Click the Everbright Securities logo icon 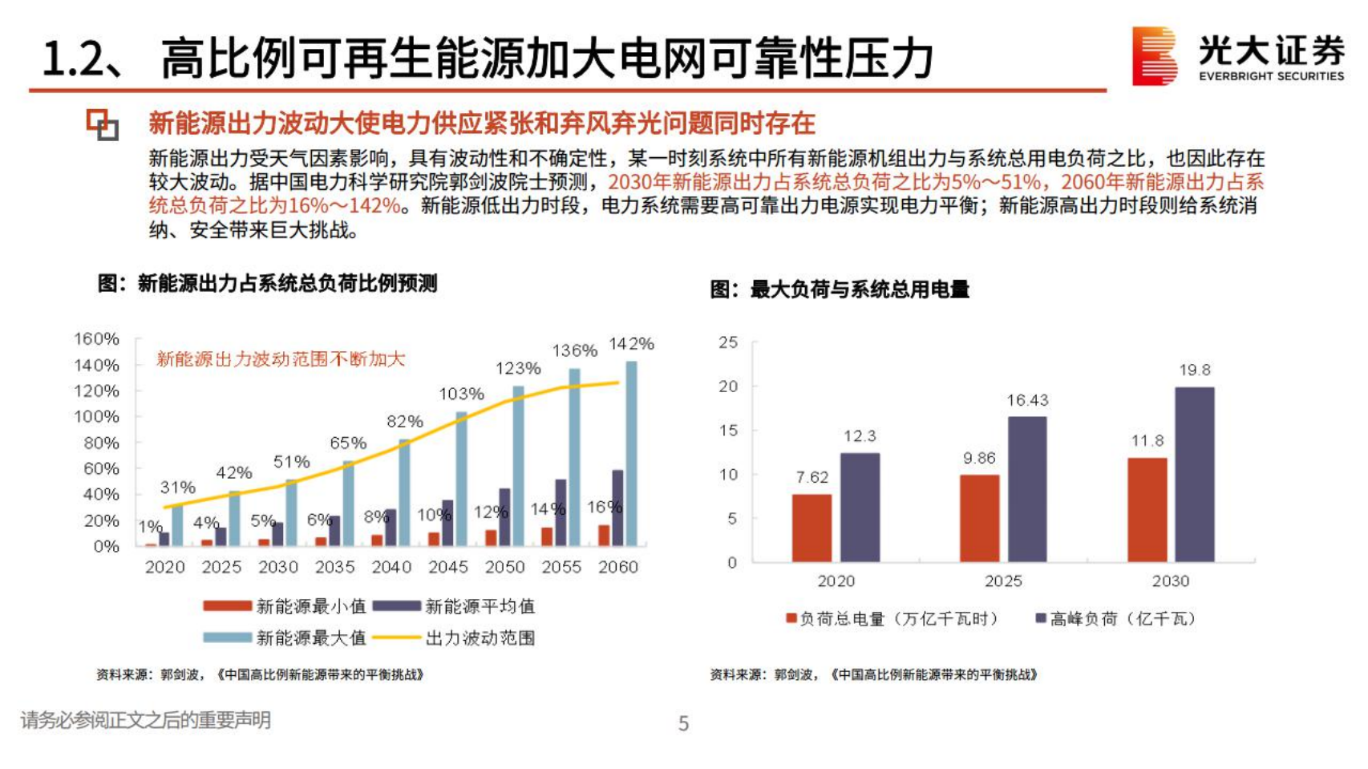tap(1154, 55)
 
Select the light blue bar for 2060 tap(632, 454)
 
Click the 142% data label tap(631, 344)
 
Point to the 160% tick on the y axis tap(96, 339)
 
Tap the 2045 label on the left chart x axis tap(447, 567)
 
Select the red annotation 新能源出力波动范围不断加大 tap(281, 358)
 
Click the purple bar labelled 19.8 tap(1194, 475)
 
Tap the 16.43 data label tap(1027, 400)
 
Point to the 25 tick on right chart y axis tap(728, 342)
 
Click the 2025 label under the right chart tap(1003, 581)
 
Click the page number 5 tap(683, 723)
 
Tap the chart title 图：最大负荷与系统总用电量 tap(840, 289)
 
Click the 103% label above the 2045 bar tap(461, 394)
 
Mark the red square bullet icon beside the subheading tap(102, 125)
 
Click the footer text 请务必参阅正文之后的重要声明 tap(145, 720)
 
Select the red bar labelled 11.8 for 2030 tap(1147, 510)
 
